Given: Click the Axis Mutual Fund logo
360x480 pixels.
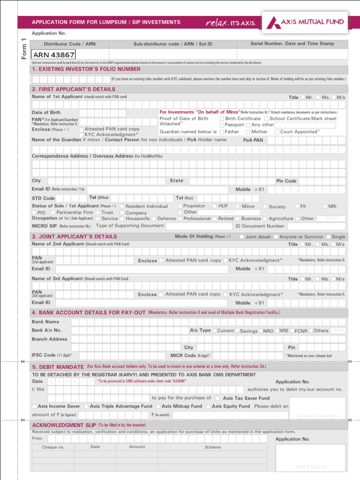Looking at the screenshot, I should click(305, 22).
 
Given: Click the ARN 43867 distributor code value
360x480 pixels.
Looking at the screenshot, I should click(54, 54).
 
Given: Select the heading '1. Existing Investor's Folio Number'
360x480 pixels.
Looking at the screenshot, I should click(86, 69).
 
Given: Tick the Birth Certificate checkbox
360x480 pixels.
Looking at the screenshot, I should click(222, 119).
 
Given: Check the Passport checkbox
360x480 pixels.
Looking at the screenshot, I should click(222, 125).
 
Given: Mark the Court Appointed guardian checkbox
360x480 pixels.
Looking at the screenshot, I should click(277, 132).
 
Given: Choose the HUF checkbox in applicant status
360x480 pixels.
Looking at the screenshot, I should click(214, 206).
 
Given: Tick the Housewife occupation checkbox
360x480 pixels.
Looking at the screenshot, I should click(122, 218).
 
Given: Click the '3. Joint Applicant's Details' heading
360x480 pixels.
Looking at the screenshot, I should click(74, 237).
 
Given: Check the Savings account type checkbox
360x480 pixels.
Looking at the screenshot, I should click(237, 331).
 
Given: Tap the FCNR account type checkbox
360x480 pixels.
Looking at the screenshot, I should click(292, 331).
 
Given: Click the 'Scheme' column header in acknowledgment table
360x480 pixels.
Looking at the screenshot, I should click(212, 447).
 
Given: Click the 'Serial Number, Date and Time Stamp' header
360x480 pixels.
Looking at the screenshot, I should click(292, 44).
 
